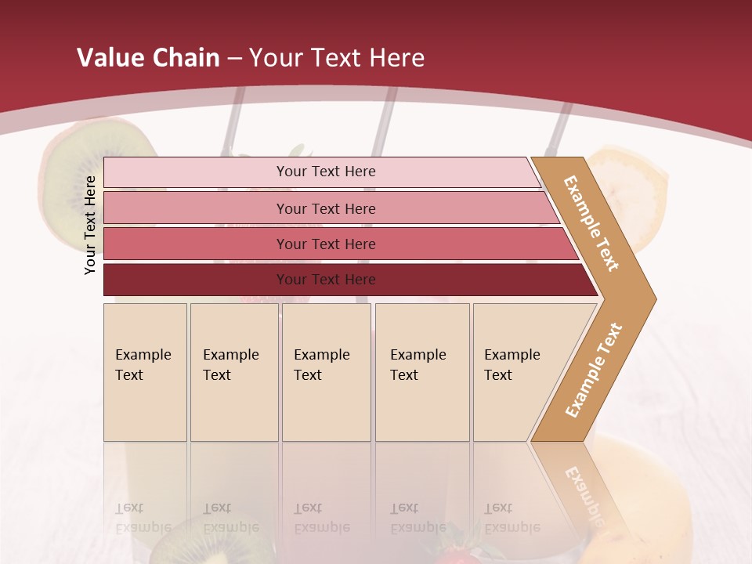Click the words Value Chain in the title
coord(148,58)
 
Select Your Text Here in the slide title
coord(337,58)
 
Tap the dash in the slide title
coord(234,59)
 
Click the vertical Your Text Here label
coord(90,225)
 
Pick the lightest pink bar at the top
coord(325,172)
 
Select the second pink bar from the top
coord(325,208)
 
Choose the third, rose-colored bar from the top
coord(325,244)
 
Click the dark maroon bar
coord(325,280)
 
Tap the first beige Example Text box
coord(145,371)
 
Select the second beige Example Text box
coord(233,371)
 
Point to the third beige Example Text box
coord(326,371)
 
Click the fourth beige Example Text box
coord(421,371)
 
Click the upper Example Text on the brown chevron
coord(592,224)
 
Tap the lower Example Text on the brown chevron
coord(594,370)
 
